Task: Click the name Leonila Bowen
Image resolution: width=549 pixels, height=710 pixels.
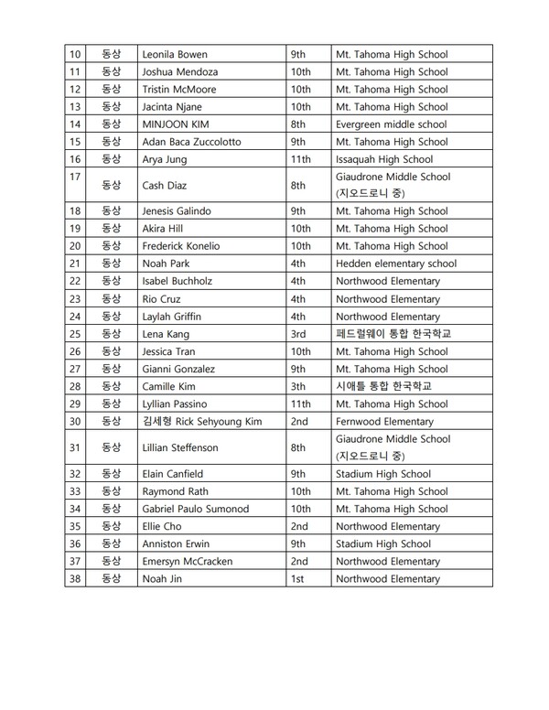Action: [x=176, y=55]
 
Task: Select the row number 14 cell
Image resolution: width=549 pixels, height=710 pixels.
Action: [x=76, y=124]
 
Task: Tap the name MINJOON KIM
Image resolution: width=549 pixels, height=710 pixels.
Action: [x=176, y=124]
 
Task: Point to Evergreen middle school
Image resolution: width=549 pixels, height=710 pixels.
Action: [x=391, y=124]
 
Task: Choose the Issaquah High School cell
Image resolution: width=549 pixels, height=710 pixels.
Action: [x=384, y=159]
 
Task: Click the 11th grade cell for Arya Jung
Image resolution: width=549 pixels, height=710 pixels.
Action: [x=301, y=159]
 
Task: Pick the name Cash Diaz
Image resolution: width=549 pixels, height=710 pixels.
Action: [x=165, y=185]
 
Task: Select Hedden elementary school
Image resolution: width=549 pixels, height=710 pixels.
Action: [x=396, y=264]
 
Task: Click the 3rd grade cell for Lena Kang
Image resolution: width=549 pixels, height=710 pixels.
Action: [x=298, y=334]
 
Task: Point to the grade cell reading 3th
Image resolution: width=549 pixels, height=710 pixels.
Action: [x=298, y=386]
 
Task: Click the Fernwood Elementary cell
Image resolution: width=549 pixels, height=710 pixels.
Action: [x=384, y=421]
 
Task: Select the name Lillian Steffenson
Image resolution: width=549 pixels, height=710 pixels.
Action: [x=180, y=447]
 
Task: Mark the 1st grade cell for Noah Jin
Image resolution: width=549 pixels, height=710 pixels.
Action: [x=297, y=579]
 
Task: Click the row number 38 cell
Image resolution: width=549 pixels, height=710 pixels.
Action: [x=76, y=579]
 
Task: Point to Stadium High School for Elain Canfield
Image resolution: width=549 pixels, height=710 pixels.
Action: [x=383, y=474]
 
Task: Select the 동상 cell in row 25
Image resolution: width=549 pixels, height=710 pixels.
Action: [x=111, y=334]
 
